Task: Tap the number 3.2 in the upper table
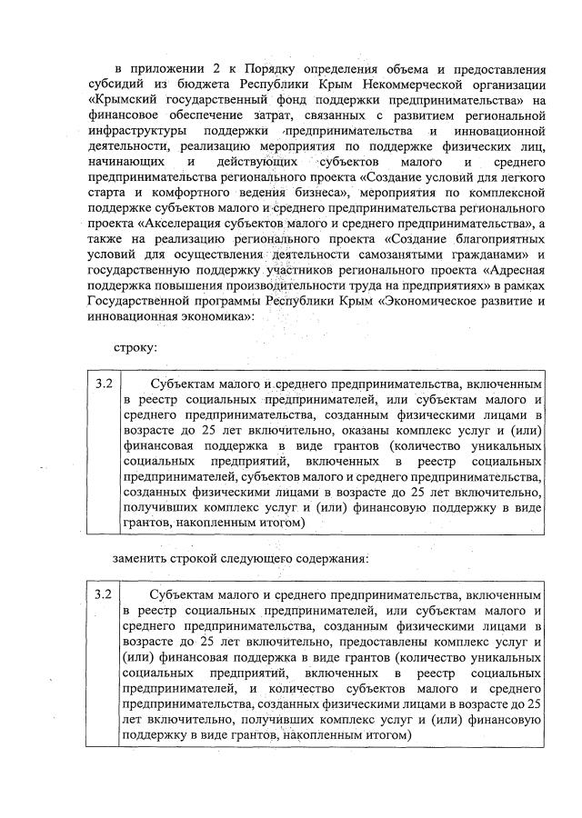tap(104, 384)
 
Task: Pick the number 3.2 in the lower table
tap(104, 594)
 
